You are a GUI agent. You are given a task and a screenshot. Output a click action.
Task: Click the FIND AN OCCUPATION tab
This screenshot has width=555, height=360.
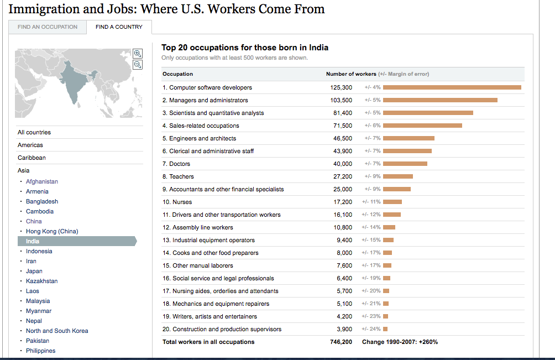(x=48, y=27)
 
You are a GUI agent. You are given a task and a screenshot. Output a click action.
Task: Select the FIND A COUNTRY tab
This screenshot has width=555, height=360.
(x=119, y=27)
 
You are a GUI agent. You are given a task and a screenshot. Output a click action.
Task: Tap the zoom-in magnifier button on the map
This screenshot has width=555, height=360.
(x=138, y=54)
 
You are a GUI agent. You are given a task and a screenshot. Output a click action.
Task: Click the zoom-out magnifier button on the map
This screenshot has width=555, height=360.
(x=138, y=64)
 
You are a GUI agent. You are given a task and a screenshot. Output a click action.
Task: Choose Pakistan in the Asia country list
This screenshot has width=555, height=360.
(x=38, y=341)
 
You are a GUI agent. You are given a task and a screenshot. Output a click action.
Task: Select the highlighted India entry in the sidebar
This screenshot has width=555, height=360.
(x=33, y=241)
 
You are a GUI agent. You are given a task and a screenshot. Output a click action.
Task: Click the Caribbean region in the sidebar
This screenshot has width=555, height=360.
(x=32, y=158)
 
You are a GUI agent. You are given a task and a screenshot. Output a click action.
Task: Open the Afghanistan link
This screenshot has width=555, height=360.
(x=42, y=181)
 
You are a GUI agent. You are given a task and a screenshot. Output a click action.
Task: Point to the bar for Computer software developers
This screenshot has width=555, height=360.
(x=452, y=87)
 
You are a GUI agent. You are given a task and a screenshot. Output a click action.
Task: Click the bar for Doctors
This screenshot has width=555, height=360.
(x=405, y=164)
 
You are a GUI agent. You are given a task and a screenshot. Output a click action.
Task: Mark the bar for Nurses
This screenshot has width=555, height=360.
(x=392, y=202)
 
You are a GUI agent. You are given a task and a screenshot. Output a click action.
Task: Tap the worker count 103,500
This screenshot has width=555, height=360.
(x=341, y=100)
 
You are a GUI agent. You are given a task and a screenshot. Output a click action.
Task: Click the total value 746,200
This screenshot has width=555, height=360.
(x=341, y=342)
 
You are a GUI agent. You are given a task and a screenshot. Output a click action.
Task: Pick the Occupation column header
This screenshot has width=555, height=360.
(x=177, y=74)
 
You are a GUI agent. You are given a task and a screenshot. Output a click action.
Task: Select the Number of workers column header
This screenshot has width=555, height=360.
(x=351, y=74)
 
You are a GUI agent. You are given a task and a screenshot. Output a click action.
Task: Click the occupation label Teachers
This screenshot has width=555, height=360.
(x=181, y=176)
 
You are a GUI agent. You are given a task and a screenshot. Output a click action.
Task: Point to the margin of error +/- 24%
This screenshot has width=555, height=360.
(x=371, y=329)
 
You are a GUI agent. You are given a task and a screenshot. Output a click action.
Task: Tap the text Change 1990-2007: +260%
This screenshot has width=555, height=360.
(x=400, y=342)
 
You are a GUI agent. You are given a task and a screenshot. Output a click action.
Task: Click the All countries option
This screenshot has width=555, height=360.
(x=34, y=132)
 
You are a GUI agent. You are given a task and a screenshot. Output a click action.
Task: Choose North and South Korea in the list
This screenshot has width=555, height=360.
(x=57, y=331)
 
